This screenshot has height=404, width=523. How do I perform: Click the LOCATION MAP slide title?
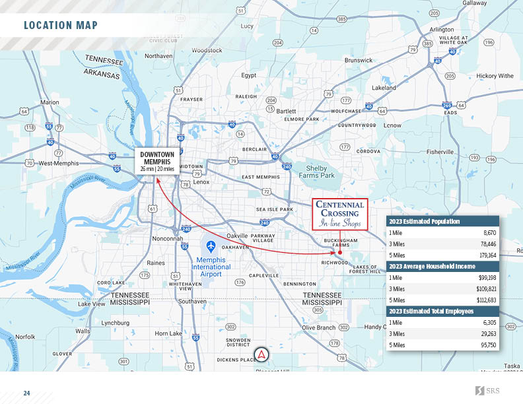coord(60,26)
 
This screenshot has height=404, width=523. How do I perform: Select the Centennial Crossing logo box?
coord(339,214)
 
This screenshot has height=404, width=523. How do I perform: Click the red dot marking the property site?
coord(339,252)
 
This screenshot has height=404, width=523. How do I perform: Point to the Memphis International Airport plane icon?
coord(211,246)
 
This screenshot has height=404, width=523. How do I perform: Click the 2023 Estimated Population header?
coord(424,221)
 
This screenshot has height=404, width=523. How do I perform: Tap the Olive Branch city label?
coord(318,327)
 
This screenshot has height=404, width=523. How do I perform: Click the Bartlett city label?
coord(286,111)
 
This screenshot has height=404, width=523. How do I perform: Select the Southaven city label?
coord(192,301)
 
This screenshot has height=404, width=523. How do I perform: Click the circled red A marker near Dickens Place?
coord(262,355)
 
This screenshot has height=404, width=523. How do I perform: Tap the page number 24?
coord(26,393)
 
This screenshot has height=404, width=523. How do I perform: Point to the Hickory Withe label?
coord(495,76)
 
